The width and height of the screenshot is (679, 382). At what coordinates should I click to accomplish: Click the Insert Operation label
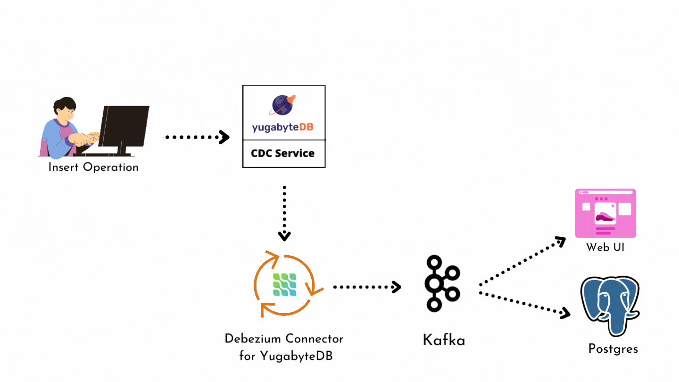tap(93, 167)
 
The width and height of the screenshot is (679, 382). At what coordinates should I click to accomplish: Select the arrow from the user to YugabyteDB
tap(197, 137)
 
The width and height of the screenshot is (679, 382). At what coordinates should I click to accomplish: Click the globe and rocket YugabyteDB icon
tap(283, 105)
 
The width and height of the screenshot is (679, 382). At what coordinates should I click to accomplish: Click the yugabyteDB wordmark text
tap(283, 128)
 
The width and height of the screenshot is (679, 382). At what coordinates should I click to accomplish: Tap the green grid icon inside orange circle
tap(284, 284)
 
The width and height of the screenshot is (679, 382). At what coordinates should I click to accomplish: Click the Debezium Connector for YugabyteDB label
tap(284, 347)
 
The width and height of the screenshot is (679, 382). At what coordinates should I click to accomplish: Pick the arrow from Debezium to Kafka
tap(367, 286)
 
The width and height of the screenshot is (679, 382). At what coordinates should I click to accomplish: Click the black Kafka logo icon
tap(442, 283)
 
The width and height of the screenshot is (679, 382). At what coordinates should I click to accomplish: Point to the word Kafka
tap(444, 340)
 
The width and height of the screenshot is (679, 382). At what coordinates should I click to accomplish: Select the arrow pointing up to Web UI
tap(522, 262)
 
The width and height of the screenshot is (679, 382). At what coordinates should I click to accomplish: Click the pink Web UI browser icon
tap(605, 213)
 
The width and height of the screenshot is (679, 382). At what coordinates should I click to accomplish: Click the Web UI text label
tap(605, 247)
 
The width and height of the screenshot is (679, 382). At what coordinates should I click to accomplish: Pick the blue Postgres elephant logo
tap(610, 305)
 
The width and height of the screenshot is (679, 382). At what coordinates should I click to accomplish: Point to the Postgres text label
tap(613, 349)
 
